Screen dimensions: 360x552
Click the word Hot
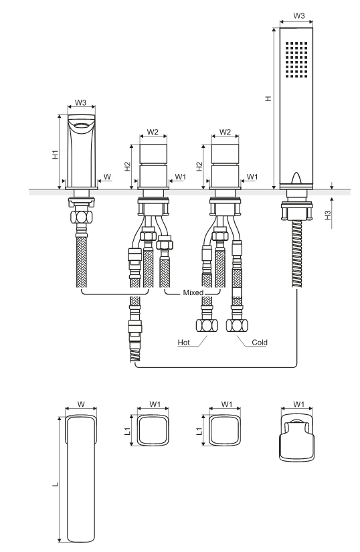click(x=184, y=342)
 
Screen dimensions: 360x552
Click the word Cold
click(x=260, y=342)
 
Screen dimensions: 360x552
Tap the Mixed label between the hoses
click(x=193, y=292)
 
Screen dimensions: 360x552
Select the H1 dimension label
click(x=56, y=155)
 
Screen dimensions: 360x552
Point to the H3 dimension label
click(x=328, y=215)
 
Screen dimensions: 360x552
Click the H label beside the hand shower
click(x=268, y=98)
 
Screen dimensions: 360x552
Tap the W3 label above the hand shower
click(x=298, y=16)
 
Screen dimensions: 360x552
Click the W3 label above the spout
click(x=80, y=103)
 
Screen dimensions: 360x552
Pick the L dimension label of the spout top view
click(x=56, y=485)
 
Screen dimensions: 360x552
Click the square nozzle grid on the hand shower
click(x=296, y=60)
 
